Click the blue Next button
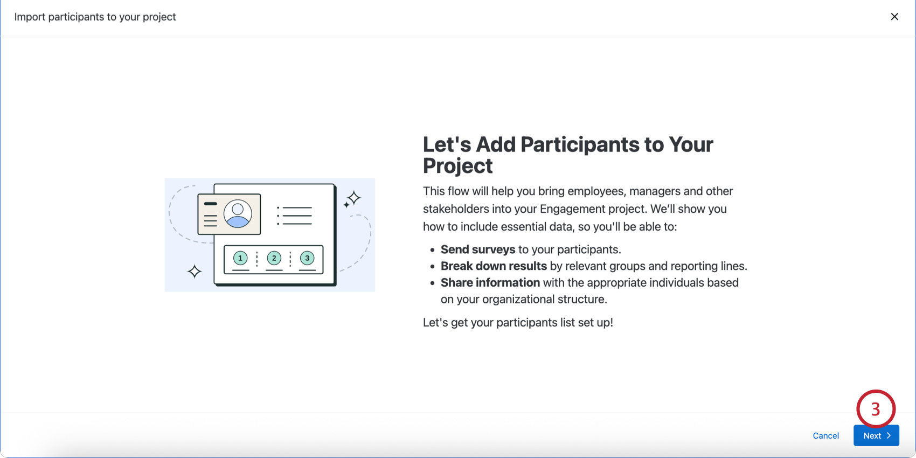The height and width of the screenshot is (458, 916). click(876, 435)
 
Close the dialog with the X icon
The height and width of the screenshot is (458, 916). click(894, 16)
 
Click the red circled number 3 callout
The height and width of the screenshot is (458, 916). click(876, 409)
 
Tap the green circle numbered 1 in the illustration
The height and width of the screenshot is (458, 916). click(240, 258)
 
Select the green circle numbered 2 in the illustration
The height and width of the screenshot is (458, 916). click(274, 258)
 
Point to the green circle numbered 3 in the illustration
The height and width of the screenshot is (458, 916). click(307, 258)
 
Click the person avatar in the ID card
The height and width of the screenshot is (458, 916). click(238, 213)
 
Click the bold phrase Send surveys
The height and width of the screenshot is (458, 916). click(477, 249)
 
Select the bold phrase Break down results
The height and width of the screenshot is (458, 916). click(494, 266)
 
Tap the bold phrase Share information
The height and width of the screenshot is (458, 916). click(490, 282)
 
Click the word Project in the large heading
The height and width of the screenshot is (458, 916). click(457, 166)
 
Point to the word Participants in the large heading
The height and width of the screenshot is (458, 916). click(579, 144)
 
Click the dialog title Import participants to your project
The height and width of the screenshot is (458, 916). click(95, 17)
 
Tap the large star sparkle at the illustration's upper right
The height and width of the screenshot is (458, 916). click(354, 198)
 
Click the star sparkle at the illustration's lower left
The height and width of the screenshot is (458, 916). click(195, 272)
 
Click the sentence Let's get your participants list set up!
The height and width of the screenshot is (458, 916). click(518, 322)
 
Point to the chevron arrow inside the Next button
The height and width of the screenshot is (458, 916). click(889, 435)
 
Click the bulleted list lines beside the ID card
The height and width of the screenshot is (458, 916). click(294, 216)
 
